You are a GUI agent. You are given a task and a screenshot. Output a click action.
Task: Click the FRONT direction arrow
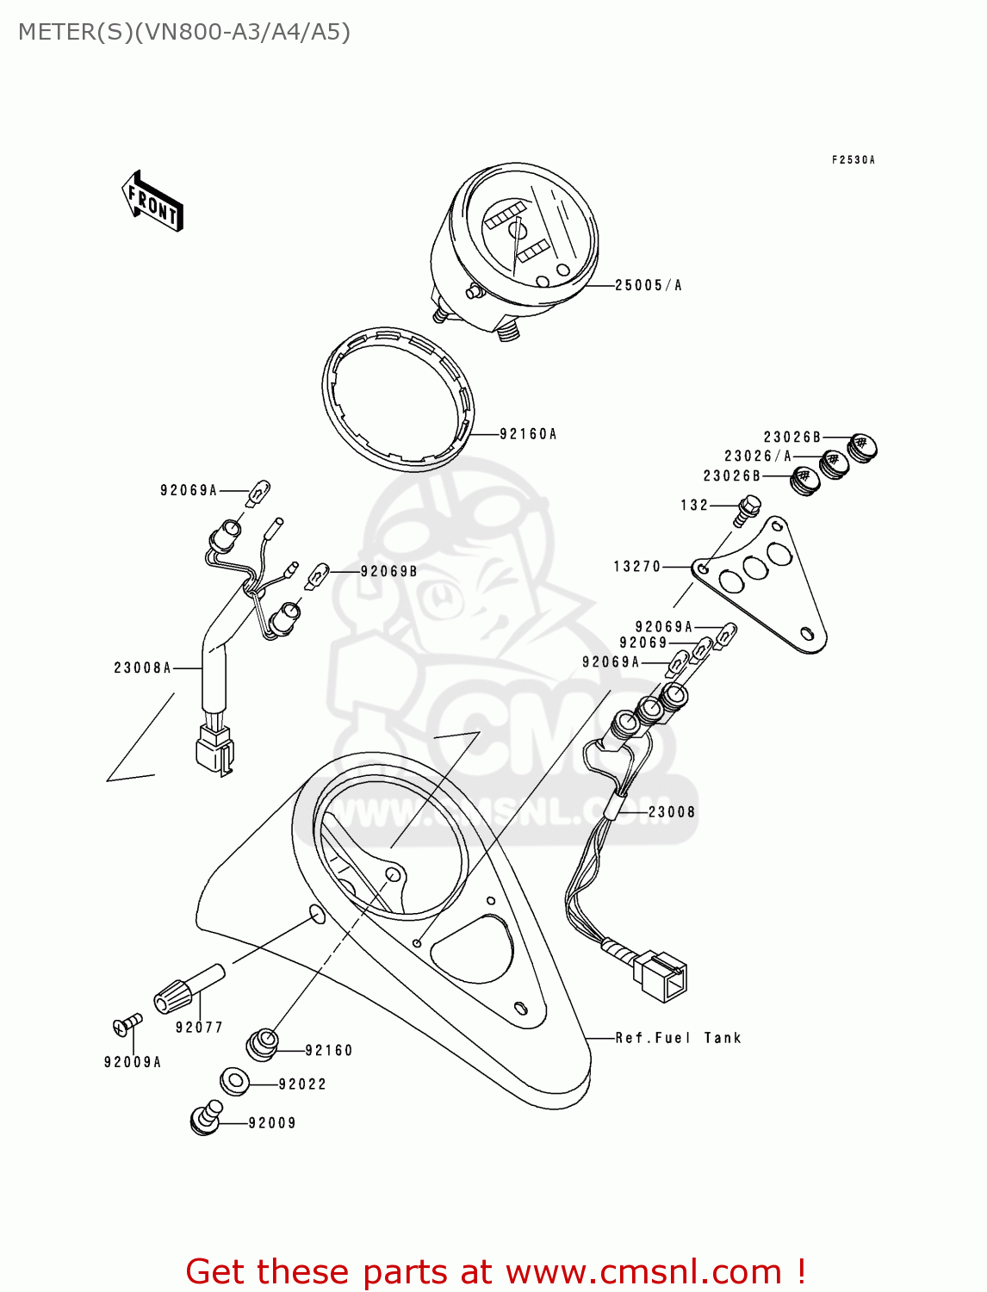[x=152, y=202]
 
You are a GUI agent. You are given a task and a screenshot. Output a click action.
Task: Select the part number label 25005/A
[x=648, y=285]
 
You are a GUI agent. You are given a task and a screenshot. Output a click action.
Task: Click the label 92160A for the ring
[x=528, y=434]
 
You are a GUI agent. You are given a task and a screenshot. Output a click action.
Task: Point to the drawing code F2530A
[x=853, y=160]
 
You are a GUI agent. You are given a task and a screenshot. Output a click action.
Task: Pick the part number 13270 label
[x=637, y=567]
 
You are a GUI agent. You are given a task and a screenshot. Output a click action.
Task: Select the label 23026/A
[x=757, y=457]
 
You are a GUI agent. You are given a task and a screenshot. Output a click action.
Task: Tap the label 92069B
[x=388, y=571]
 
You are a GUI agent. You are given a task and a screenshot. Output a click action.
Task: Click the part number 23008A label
[x=143, y=668]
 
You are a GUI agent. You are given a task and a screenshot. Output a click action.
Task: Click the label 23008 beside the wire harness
[x=672, y=811]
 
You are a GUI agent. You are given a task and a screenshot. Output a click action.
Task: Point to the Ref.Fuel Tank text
[x=678, y=1038]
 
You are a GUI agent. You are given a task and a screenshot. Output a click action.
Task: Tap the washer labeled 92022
[x=235, y=1081]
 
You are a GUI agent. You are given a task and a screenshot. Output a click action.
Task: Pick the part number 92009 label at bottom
[x=272, y=1123]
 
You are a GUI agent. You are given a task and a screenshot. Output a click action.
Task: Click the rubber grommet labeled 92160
[x=262, y=1044]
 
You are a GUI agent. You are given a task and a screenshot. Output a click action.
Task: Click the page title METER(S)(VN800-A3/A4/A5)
[x=184, y=32]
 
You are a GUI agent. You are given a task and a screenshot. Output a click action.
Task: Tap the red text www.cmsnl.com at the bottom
[x=642, y=1271]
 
